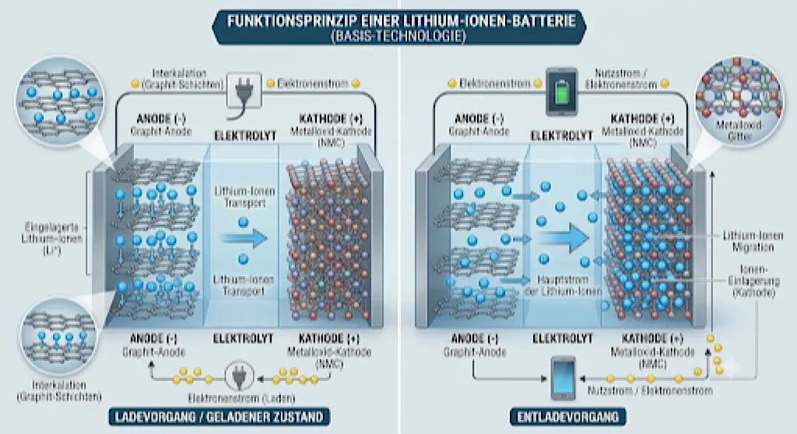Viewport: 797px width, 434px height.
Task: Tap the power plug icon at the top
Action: point(244,91)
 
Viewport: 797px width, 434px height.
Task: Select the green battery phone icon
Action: point(562,92)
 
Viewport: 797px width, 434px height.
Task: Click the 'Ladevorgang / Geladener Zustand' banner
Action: point(219,417)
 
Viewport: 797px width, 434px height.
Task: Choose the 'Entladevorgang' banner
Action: point(567,417)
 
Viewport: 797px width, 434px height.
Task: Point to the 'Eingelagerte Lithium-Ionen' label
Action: point(52,238)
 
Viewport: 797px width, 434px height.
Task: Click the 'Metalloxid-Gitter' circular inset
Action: point(739,102)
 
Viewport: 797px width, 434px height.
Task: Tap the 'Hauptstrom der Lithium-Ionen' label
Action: point(562,285)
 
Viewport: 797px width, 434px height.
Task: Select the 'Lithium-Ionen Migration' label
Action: point(753,241)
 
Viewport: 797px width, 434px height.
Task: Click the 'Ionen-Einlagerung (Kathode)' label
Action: point(753,281)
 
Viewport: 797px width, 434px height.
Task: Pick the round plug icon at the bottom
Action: point(239,376)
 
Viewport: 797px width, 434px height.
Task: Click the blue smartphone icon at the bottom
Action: point(564,378)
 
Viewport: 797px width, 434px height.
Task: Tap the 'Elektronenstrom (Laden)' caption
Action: point(241,398)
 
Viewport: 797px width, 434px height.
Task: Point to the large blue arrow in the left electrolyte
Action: point(244,238)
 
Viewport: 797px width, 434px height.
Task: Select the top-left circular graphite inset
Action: point(60,101)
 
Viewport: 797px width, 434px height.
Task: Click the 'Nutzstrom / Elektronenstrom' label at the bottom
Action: point(650,390)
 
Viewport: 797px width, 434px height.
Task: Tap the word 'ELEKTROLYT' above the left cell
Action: point(245,135)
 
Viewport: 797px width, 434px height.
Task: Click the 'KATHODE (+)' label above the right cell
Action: point(642,119)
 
